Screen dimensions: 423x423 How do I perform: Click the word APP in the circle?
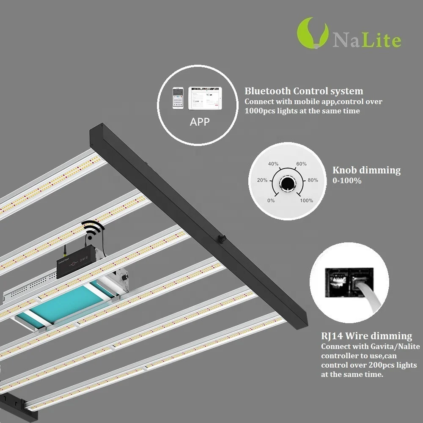pyautogui.click(x=200, y=122)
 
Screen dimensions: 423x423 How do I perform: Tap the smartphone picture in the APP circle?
pyautogui.click(x=178, y=98)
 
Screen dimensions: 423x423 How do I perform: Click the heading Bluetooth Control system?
pyautogui.click(x=303, y=91)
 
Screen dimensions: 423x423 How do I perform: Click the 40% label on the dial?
pyautogui.click(x=273, y=164)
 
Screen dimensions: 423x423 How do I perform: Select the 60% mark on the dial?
pyautogui.click(x=301, y=164)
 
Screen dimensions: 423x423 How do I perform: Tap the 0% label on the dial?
pyautogui.click(x=271, y=201)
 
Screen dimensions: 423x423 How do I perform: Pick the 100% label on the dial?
pyautogui.click(x=306, y=201)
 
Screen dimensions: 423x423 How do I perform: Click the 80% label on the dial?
pyautogui.click(x=313, y=180)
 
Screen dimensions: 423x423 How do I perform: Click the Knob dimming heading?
pyautogui.click(x=366, y=170)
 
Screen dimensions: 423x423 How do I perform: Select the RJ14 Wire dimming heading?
pyautogui.click(x=366, y=336)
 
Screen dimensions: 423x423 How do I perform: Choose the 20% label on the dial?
pyautogui.click(x=262, y=180)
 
